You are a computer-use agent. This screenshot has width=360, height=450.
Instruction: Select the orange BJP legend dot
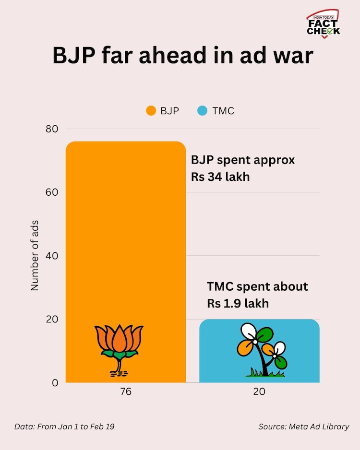(x=151, y=111)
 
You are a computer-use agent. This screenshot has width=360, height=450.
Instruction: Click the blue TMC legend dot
(x=202, y=111)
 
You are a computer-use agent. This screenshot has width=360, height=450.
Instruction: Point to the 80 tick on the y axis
(x=52, y=129)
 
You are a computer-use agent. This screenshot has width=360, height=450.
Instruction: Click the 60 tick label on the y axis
(x=52, y=192)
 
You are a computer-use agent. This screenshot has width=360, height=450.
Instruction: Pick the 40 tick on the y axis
(x=52, y=256)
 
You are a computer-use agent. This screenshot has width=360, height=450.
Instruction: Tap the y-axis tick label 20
(x=52, y=320)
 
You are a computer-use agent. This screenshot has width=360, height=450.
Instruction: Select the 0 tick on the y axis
(x=55, y=383)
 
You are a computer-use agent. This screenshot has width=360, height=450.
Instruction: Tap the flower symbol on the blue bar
(x=262, y=349)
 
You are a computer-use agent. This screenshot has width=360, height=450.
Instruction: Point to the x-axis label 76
(x=125, y=392)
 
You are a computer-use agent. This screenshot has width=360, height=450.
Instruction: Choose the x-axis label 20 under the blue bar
(x=259, y=392)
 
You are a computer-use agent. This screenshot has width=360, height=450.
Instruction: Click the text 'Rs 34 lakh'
(x=220, y=177)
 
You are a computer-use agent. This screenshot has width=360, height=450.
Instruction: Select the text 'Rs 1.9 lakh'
(x=238, y=304)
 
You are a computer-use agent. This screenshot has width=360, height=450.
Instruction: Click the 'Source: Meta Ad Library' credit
(x=303, y=426)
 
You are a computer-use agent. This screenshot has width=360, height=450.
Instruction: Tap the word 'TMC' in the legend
(x=223, y=111)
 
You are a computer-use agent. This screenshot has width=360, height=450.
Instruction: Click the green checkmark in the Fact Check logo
(x=331, y=31)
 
